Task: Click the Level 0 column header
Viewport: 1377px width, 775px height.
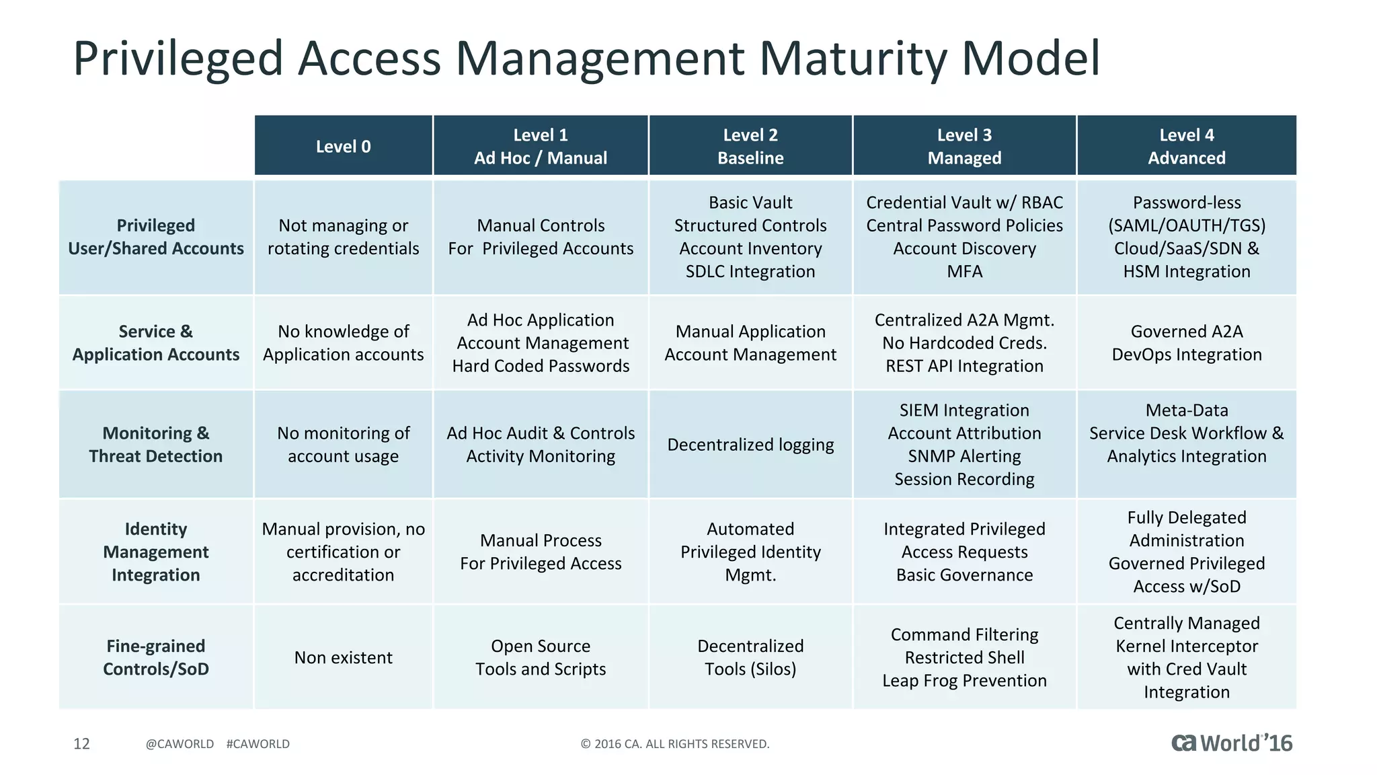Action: point(343,146)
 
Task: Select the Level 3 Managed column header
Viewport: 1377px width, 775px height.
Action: point(964,146)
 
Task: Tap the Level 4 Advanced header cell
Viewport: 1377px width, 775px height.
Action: point(1186,146)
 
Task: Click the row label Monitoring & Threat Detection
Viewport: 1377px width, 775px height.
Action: point(155,445)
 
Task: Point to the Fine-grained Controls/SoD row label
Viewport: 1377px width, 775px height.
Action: point(155,657)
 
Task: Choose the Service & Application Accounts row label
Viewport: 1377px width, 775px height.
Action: point(155,343)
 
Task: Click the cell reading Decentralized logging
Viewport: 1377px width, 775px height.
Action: point(750,445)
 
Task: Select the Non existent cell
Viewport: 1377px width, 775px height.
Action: point(343,657)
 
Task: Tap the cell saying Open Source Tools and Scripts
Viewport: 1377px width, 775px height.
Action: point(541,657)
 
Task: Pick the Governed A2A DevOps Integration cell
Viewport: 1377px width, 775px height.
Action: point(1186,343)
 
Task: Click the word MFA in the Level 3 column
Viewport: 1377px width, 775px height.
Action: point(964,271)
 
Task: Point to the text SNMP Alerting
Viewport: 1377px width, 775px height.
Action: point(964,456)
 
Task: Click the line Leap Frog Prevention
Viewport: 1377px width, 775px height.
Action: point(964,681)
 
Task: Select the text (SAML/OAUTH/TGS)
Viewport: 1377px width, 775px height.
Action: point(1186,225)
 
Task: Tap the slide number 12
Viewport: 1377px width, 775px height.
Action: point(81,743)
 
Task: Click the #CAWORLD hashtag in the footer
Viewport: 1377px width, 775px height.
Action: point(258,744)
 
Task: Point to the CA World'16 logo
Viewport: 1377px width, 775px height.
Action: point(1232,743)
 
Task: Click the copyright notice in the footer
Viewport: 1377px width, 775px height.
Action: point(674,744)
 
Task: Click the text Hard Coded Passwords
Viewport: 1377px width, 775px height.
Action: point(541,366)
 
